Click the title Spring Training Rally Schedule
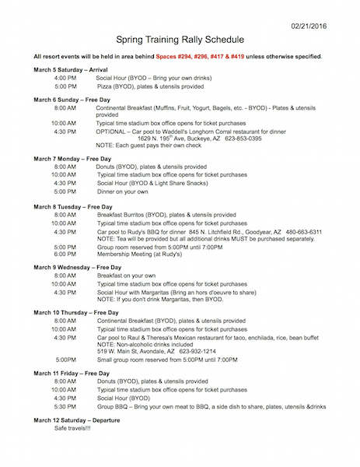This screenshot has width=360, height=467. pos(180,38)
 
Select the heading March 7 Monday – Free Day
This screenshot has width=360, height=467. pos(78,158)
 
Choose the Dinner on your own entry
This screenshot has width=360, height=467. pos(123,191)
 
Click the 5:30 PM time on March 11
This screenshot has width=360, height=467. pos(65,406)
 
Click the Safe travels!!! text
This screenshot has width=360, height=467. pos(72,429)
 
